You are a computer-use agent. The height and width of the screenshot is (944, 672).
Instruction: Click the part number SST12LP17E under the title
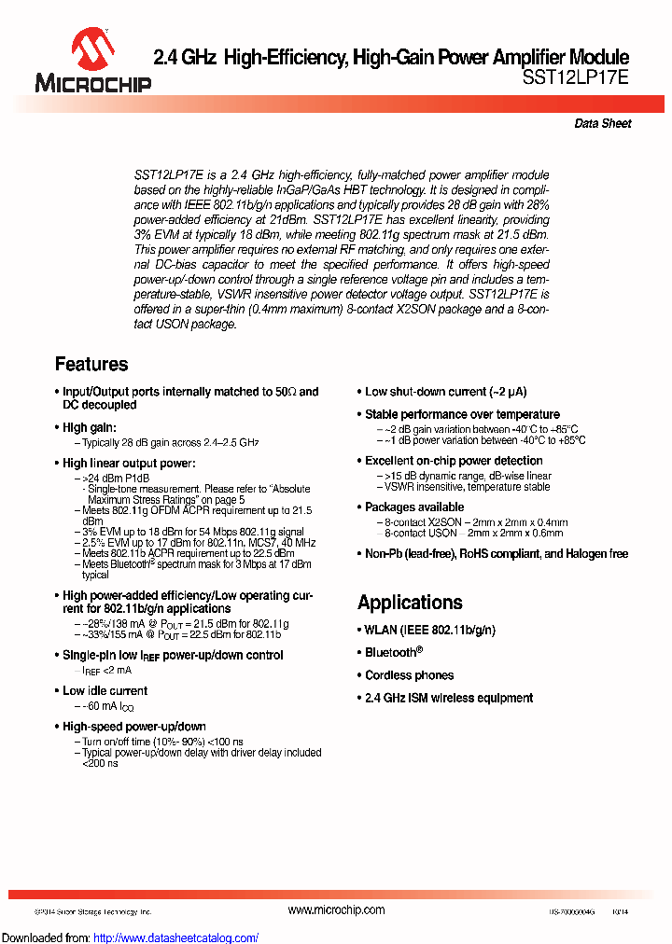pyautogui.click(x=576, y=79)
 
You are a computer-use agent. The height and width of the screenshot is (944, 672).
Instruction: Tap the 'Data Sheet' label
pyautogui.click(x=602, y=123)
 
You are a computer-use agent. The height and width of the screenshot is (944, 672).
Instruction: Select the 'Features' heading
pyautogui.click(x=91, y=364)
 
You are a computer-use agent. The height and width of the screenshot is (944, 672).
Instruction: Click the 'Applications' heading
pyautogui.click(x=410, y=602)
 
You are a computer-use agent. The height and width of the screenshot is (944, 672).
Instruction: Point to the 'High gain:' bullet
pyautogui.click(x=89, y=427)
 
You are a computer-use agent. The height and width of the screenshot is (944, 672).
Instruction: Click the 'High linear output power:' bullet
pyautogui.click(x=129, y=463)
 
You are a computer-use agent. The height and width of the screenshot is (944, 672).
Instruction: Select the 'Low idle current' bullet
pyautogui.click(x=105, y=690)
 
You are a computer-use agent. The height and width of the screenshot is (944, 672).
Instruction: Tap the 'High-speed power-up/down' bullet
pyautogui.click(x=133, y=726)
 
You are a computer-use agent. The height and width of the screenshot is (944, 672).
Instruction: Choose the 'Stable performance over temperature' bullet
pyautogui.click(x=462, y=414)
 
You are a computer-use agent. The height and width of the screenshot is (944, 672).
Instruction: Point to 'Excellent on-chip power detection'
pyautogui.click(x=454, y=461)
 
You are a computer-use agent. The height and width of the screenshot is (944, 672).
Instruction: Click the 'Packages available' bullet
pyautogui.click(x=414, y=507)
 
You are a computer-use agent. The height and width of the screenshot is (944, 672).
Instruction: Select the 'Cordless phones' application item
pyautogui.click(x=409, y=675)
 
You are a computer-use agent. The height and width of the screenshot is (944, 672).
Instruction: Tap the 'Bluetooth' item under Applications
pyautogui.click(x=393, y=652)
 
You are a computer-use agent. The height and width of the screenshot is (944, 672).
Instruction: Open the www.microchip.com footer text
pyautogui.click(x=336, y=909)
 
